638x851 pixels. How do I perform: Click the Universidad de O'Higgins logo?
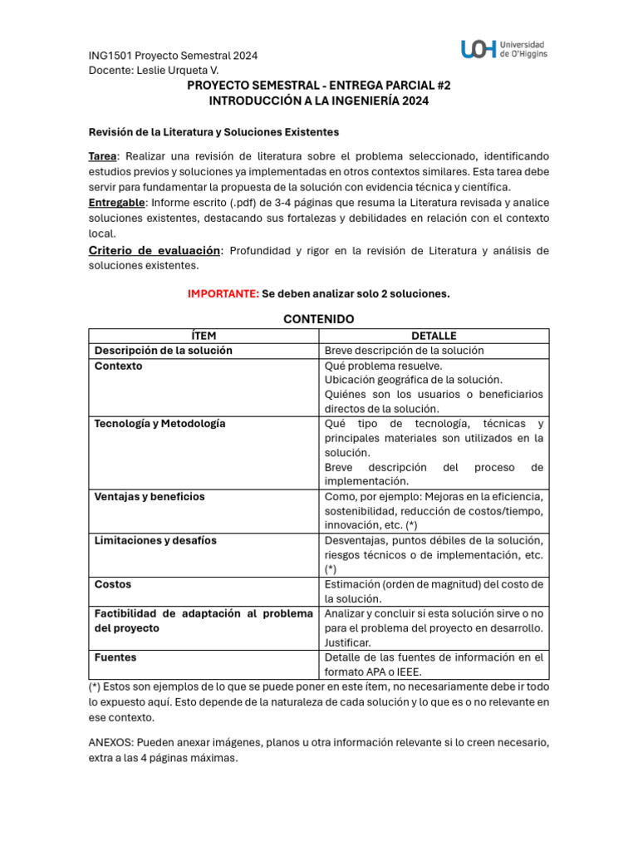click(x=504, y=49)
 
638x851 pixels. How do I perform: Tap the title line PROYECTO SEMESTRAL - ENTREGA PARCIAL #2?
click(x=319, y=86)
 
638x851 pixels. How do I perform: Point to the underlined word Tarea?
click(x=103, y=156)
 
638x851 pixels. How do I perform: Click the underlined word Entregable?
click(x=117, y=203)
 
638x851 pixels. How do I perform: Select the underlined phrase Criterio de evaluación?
click(x=155, y=250)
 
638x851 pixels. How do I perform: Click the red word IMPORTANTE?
click(x=223, y=294)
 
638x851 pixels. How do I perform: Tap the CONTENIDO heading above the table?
click(x=319, y=319)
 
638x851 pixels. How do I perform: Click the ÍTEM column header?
click(x=204, y=336)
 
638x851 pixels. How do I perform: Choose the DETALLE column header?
click(x=434, y=336)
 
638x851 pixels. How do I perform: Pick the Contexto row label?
click(x=118, y=366)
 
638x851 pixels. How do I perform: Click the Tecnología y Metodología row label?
click(x=159, y=424)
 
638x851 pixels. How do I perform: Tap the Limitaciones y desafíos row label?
click(x=155, y=541)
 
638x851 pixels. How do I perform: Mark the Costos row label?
click(x=113, y=585)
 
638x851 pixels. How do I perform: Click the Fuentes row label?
click(x=115, y=657)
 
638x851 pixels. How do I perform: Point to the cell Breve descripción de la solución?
click(x=404, y=351)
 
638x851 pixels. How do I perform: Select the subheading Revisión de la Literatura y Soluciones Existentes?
click(x=213, y=132)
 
